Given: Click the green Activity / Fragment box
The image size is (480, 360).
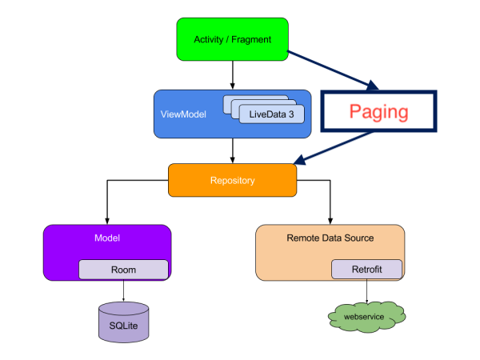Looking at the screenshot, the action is click(x=232, y=39).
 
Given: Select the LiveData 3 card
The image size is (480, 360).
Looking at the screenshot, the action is click(x=271, y=114).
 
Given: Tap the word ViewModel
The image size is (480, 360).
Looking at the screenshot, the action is click(x=183, y=114).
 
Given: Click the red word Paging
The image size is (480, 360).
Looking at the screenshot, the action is click(x=378, y=112).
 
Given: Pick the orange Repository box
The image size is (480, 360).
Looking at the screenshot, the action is click(x=232, y=180).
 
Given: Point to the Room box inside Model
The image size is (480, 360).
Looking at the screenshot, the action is click(x=123, y=270).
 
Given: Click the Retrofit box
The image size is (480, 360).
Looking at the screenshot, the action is click(x=366, y=270).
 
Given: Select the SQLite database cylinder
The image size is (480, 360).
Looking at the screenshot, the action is click(x=124, y=322).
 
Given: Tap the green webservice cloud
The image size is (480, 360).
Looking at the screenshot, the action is click(x=366, y=317).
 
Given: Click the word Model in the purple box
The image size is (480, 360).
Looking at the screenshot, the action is click(x=107, y=238).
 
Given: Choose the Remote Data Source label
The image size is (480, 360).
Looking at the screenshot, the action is click(x=330, y=238).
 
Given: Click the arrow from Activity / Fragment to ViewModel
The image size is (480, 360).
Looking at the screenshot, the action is click(x=232, y=75).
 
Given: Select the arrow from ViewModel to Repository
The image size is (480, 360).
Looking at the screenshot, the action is click(x=232, y=150).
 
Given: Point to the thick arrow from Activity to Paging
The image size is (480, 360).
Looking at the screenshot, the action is click(x=333, y=70).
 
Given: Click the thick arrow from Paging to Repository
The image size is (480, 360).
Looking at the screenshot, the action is click(x=333, y=148).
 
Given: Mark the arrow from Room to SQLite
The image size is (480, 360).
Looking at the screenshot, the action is click(x=123, y=290).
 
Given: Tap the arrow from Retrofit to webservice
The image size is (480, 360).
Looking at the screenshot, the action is click(x=366, y=291).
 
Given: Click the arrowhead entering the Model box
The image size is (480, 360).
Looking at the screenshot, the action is click(x=107, y=221).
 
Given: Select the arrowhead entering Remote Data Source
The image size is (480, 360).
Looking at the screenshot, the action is click(x=330, y=221).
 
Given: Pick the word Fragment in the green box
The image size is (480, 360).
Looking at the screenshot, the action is click(x=251, y=39).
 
